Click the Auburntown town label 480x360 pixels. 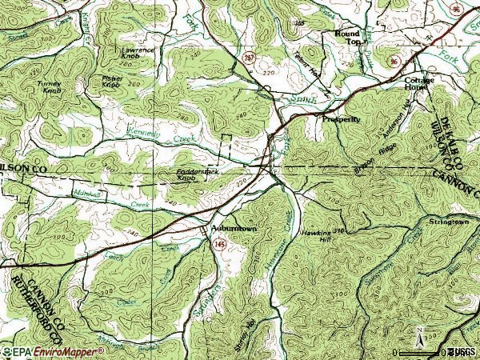tap(234, 227)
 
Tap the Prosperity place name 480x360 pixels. tap(342, 118)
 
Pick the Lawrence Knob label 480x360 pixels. tap(138, 54)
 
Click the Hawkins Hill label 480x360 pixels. tap(314, 234)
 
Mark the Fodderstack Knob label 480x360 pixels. tap(198, 175)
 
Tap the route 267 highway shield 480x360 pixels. tap(249, 58)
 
